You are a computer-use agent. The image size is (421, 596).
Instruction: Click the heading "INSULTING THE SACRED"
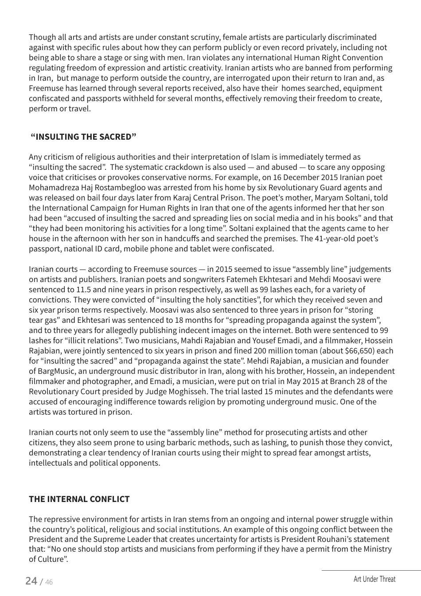83,137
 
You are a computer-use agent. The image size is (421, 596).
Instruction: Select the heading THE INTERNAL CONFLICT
79,499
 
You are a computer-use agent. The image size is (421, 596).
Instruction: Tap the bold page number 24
31,581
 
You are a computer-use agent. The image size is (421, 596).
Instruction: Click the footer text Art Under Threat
374,579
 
